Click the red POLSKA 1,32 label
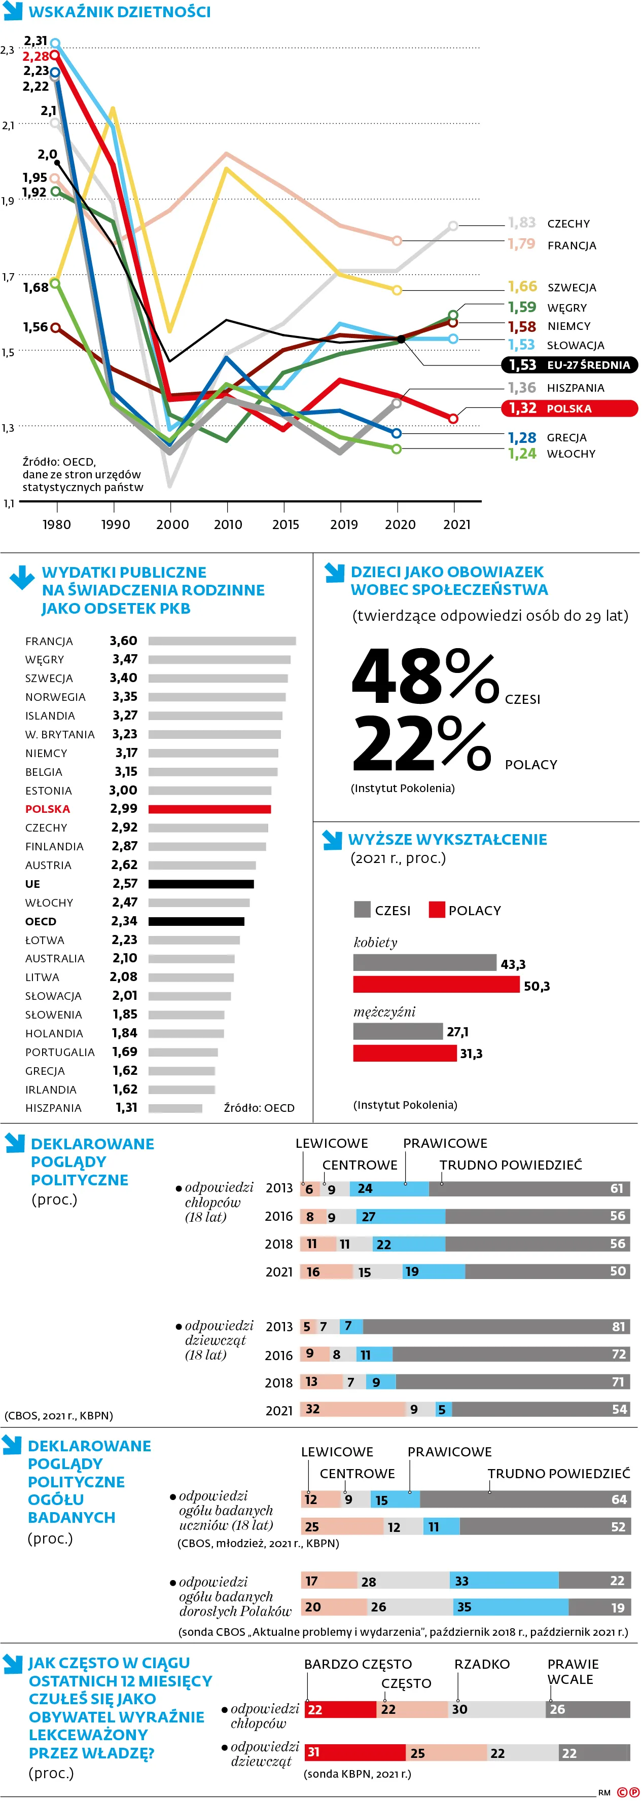(568, 408)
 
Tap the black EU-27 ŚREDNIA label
(569, 364)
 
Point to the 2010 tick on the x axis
(228, 524)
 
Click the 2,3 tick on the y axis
(7, 50)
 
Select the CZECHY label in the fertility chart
(568, 224)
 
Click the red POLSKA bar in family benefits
(209, 809)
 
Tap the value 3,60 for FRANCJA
(123, 641)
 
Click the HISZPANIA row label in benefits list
(53, 1108)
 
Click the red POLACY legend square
(437, 910)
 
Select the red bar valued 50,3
(436, 985)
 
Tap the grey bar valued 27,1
(398, 1031)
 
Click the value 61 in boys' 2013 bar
(616, 1188)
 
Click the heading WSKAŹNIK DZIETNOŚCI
(119, 12)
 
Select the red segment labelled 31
(354, 1752)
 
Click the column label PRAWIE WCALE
(572, 1671)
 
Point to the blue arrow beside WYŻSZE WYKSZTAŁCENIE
(331, 840)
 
